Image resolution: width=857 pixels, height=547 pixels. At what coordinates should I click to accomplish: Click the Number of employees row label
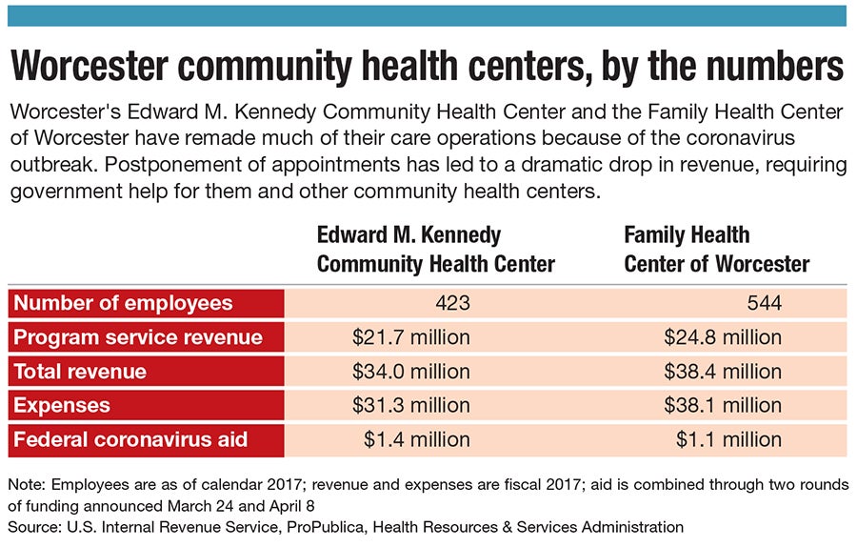(x=123, y=304)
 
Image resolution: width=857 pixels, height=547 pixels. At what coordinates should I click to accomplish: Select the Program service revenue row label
(x=137, y=337)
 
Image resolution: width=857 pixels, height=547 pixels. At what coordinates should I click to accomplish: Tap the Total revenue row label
(x=80, y=372)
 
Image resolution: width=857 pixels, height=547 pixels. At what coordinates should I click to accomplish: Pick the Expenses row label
(x=62, y=405)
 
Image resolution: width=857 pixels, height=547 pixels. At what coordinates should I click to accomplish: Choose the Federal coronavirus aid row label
(x=130, y=439)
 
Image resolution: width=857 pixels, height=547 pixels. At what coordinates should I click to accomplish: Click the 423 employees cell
(x=448, y=304)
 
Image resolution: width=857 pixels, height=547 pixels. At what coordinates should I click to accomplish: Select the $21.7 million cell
(x=411, y=337)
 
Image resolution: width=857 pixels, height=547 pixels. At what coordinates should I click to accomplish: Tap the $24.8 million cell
(x=722, y=337)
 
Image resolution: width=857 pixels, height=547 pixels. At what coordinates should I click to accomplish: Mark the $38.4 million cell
(x=722, y=372)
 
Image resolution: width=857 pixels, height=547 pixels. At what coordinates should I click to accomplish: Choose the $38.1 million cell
(x=722, y=405)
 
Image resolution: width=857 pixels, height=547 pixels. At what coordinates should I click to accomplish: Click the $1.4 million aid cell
(x=417, y=439)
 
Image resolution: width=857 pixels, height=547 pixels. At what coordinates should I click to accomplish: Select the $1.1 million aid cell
(x=728, y=439)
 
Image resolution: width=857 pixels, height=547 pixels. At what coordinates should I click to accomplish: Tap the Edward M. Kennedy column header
(x=436, y=249)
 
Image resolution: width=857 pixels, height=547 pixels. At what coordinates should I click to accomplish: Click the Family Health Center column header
(x=716, y=249)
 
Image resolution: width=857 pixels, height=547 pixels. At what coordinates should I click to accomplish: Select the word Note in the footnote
(x=26, y=484)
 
